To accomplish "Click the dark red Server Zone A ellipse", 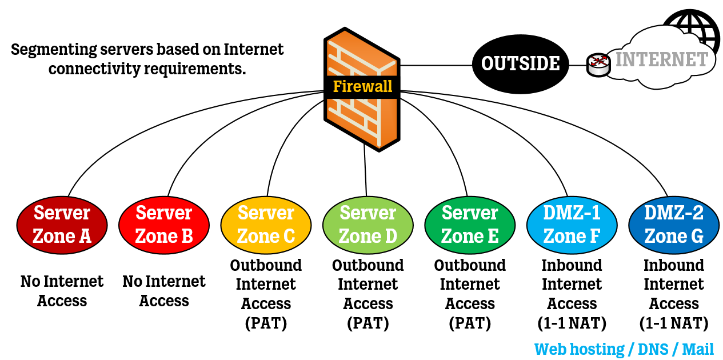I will [x=62, y=225].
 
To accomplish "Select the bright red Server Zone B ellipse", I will [x=164, y=225].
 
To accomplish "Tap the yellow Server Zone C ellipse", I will [x=266, y=225].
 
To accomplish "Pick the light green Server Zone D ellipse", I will [x=368, y=225].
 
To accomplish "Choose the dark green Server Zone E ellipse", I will [x=470, y=225].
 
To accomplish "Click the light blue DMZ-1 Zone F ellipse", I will [x=572, y=225].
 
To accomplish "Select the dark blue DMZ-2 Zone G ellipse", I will [x=674, y=225].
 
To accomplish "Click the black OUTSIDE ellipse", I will [x=520, y=63].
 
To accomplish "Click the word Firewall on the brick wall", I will [x=362, y=87].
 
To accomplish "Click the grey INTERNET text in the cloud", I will [x=661, y=60].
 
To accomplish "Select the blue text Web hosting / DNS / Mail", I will [x=624, y=349].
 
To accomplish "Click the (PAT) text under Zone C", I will [x=266, y=323].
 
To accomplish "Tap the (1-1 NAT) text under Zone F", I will [x=572, y=323].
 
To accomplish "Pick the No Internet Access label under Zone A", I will [x=62, y=291].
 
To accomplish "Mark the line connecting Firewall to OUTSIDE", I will [x=436, y=65].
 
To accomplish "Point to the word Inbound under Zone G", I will [x=674, y=266].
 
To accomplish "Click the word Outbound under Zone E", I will [x=470, y=266].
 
